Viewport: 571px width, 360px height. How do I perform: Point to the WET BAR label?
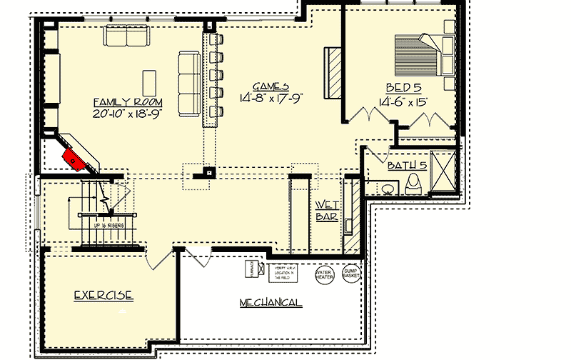point(326,211)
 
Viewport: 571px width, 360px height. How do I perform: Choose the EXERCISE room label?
point(104,294)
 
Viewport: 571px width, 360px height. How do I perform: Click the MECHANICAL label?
point(270,302)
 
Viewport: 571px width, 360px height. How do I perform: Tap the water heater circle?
point(324,274)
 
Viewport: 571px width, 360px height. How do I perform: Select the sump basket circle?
point(350,274)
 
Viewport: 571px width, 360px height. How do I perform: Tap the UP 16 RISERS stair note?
point(109,225)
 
